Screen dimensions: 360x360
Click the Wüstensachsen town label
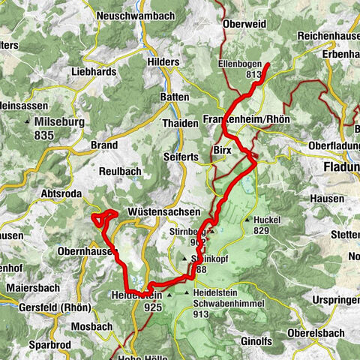157,212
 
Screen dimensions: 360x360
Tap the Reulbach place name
120,171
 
